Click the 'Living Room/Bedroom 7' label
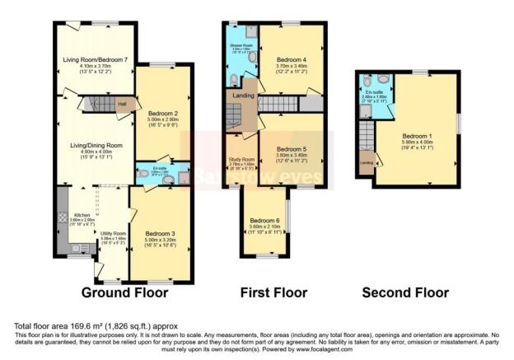[x=96, y=60]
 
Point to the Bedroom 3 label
[x=161, y=234]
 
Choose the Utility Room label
[x=113, y=234]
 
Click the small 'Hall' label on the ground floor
[x=122, y=104]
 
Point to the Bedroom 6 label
[x=264, y=221]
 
